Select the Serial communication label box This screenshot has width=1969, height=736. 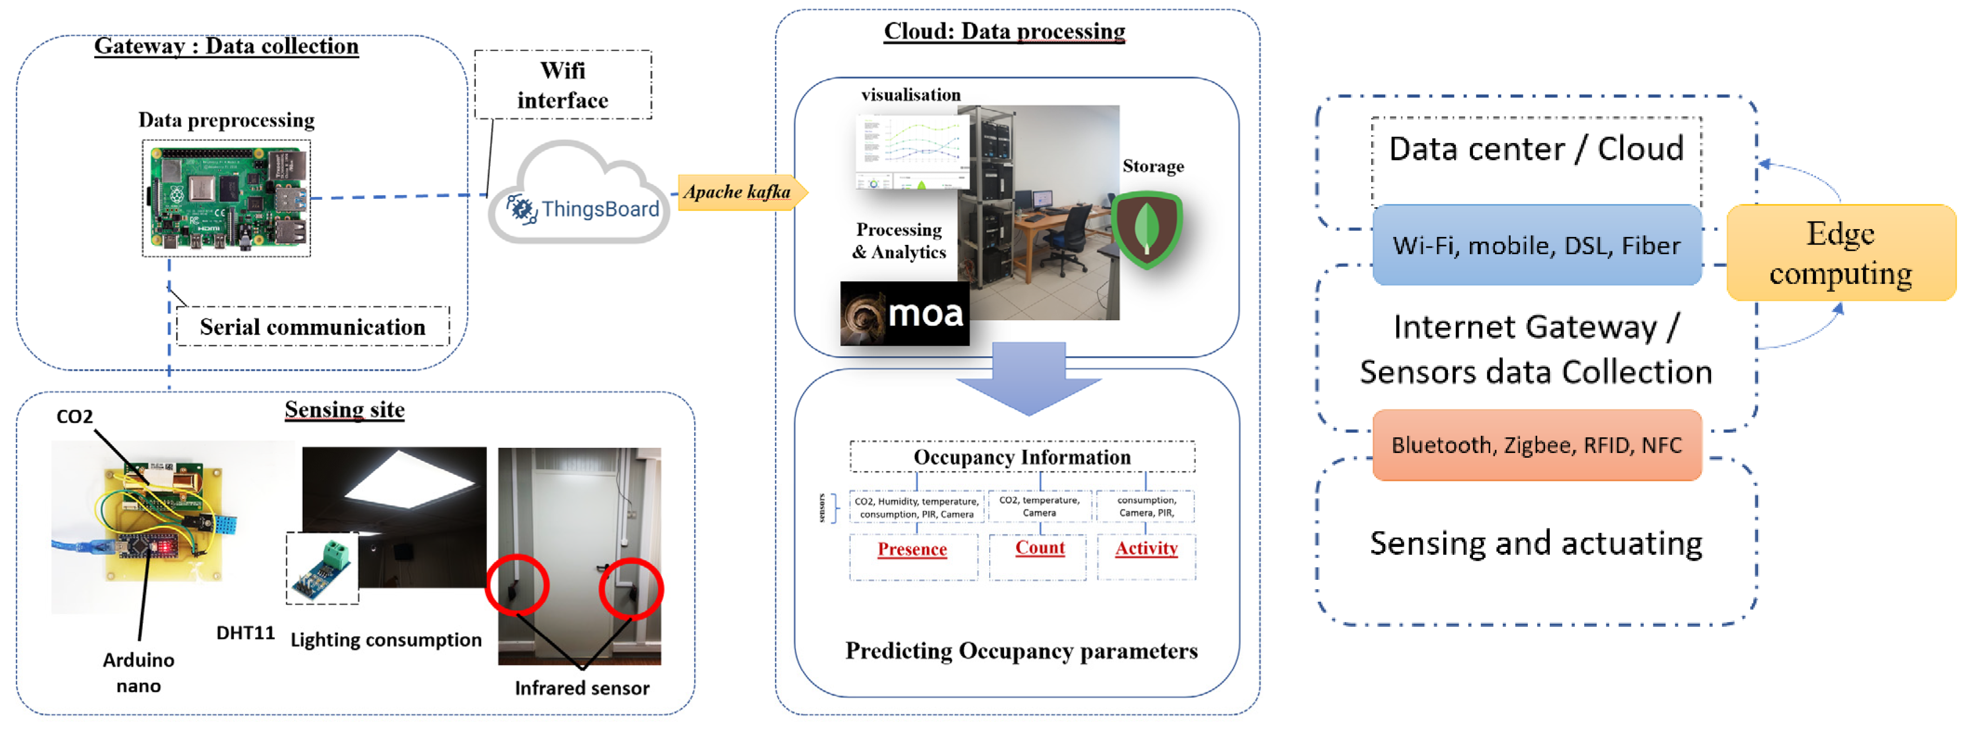click(x=313, y=327)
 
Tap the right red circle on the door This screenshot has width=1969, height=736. click(x=631, y=589)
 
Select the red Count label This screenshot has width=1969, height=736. click(x=1039, y=547)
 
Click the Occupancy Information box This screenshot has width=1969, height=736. click(x=1022, y=457)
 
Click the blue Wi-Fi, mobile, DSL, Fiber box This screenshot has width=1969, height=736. click(x=1536, y=245)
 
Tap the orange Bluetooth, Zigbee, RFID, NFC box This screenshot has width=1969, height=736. click(x=1536, y=445)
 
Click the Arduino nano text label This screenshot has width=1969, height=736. click(x=139, y=672)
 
